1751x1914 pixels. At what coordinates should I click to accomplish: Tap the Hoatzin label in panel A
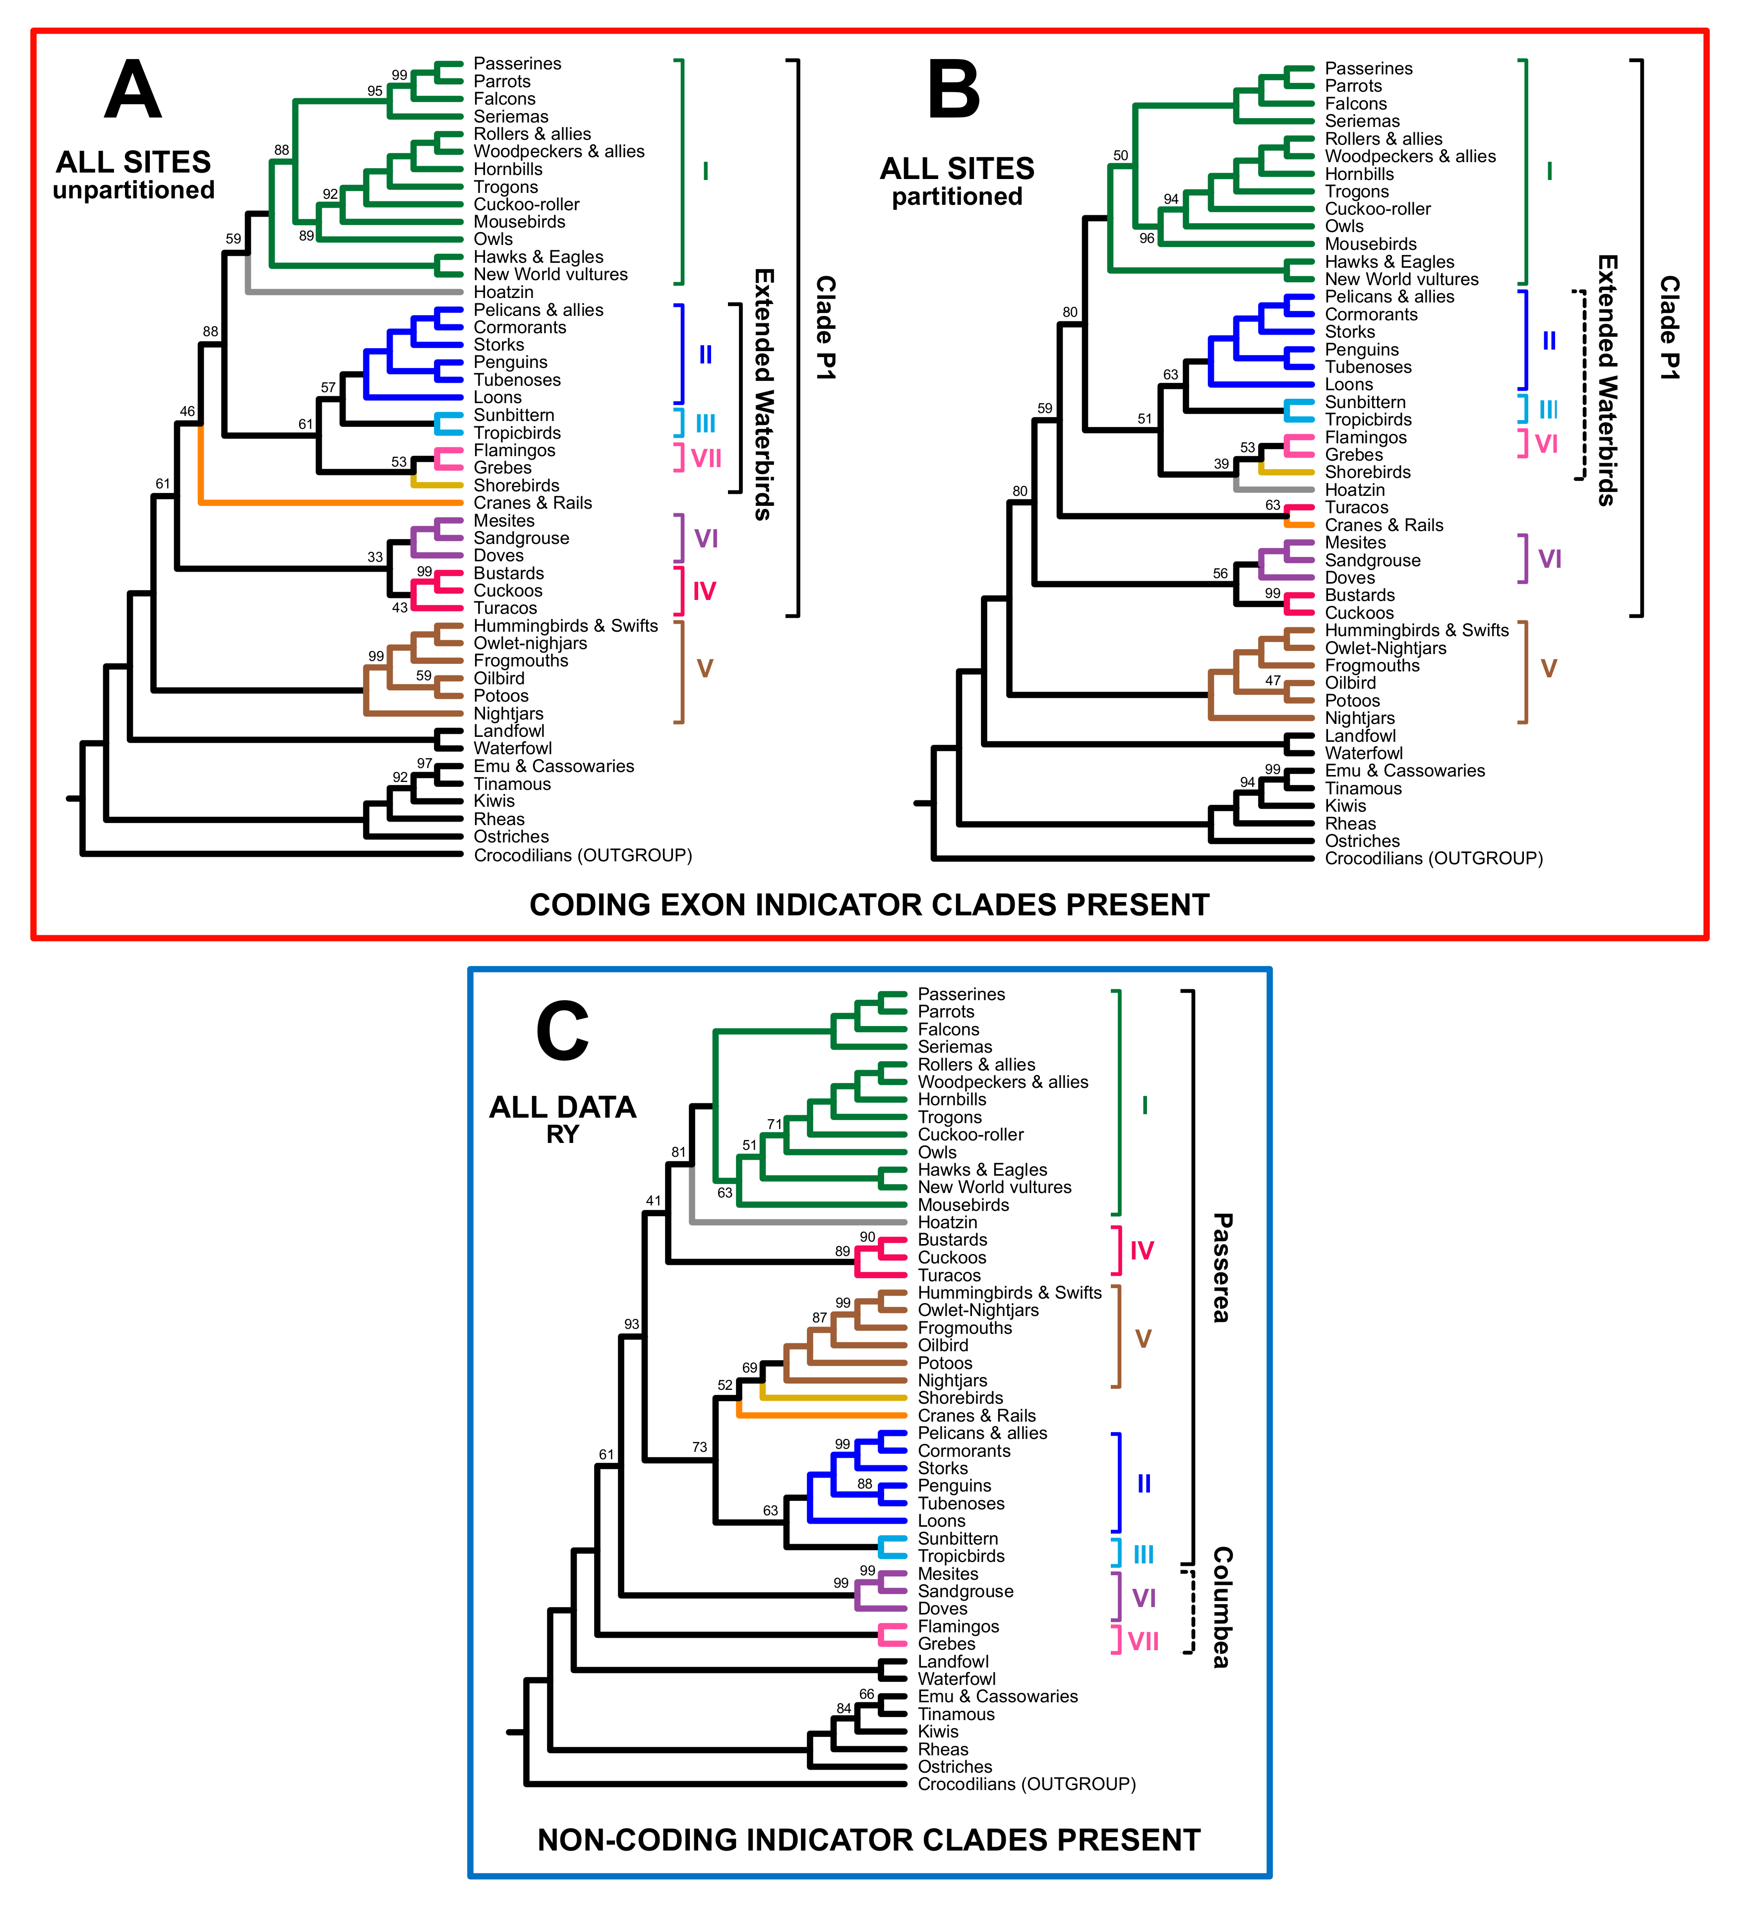503,293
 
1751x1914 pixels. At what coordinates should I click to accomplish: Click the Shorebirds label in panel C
960,1398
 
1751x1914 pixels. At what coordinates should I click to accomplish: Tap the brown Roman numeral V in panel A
705,669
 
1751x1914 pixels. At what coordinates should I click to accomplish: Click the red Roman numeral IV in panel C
1142,1252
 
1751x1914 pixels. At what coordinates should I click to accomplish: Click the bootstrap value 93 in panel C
631,1324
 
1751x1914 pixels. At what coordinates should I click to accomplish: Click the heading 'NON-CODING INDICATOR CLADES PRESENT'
869,1840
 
